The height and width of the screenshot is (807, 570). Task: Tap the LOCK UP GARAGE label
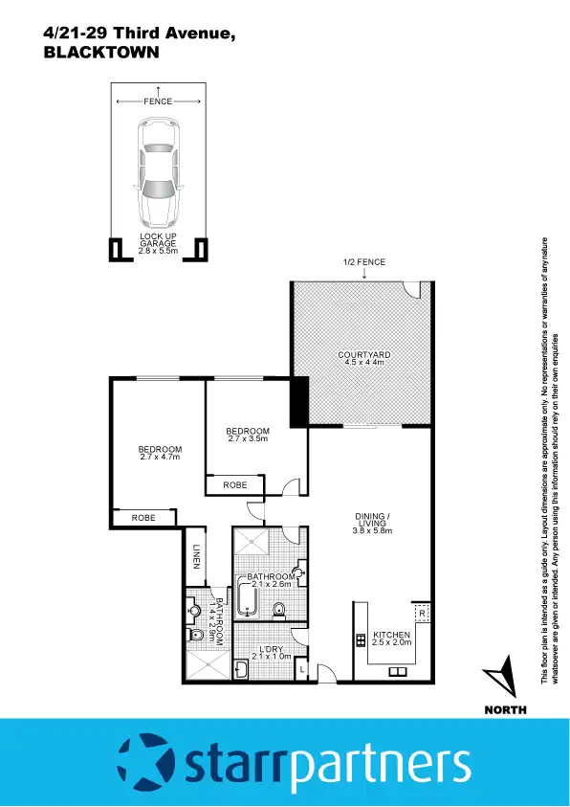pyautogui.click(x=158, y=242)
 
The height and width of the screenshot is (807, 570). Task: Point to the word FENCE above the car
pyautogui.click(x=158, y=101)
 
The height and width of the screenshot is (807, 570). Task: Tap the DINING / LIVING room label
pyautogui.click(x=369, y=523)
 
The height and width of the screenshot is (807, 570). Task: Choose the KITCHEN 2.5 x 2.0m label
pyautogui.click(x=391, y=639)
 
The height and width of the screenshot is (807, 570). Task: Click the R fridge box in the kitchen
pyautogui.click(x=420, y=612)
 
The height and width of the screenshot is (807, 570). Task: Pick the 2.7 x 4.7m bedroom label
pyautogui.click(x=159, y=453)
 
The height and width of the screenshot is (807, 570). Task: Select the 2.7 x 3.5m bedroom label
pyautogui.click(x=249, y=435)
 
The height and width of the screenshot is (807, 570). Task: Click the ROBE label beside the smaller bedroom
pyautogui.click(x=235, y=485)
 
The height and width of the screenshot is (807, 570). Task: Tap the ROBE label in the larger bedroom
pyautogui.click(x=143, y=517)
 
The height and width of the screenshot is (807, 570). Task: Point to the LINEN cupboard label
pyautogui.click(x=195, y=557)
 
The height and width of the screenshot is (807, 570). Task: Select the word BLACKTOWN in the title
pyautogui.click(x=99, y=54)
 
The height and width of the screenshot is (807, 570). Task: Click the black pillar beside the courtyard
pyautogui.click(x=298, y=400)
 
